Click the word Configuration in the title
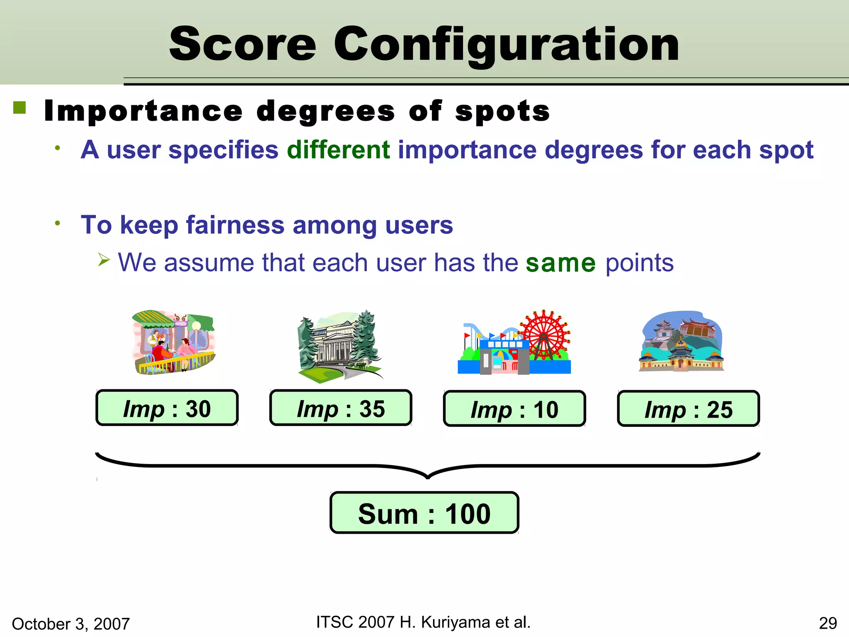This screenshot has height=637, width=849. click(x=506, y=44)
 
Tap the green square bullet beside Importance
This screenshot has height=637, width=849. click(x=19, y=108)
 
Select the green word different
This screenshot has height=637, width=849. click(x=338, y=150)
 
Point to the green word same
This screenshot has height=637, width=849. click(x=560, y=263)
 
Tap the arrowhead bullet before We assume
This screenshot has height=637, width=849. click(x=104, y=260)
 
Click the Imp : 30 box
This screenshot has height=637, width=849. click(x=167, y=408)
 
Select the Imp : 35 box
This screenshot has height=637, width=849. click(x=341, y=408)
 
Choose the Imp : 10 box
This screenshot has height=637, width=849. click(x=514, y=409)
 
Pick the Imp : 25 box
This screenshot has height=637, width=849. click(x=688, y=409)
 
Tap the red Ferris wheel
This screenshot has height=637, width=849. click(x=544, y=334)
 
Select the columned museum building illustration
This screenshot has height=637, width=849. click(x=339, y=346)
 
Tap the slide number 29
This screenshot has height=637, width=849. click(x=827, y=623)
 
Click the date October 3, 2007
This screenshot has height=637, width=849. click(x=71, y=624)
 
